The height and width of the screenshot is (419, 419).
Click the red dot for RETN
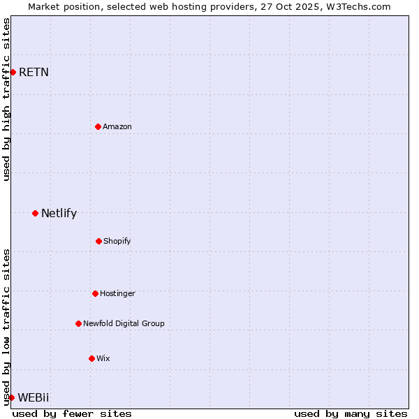click(13, 72)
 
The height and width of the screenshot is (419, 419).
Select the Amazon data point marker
click(98, 126)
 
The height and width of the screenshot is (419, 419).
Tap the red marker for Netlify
click(35, 213)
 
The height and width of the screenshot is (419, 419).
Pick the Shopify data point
click(98, 241)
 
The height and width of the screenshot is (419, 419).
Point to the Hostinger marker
click(95, 293)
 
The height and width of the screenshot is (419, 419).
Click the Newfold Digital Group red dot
click(78, 323)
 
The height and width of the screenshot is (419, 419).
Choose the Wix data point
click(91, 358)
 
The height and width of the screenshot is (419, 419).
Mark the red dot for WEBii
click(11, 397)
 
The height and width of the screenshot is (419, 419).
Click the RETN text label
click(34, 72)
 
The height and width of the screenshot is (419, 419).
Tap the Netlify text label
click(59, 214)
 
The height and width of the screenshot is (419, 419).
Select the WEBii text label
click(34, 397)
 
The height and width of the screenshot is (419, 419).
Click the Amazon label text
click(117, 126)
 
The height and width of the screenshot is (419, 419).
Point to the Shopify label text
click(117, 241)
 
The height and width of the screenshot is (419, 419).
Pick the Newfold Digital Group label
click(124, 323)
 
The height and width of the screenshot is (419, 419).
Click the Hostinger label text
click(117, 293)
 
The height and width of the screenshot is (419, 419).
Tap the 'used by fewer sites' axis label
click(72, 413)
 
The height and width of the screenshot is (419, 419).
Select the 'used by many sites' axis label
click(351, 413)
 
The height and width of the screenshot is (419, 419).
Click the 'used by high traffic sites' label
click(6, 99)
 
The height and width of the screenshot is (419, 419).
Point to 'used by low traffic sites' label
click(6, 327)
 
